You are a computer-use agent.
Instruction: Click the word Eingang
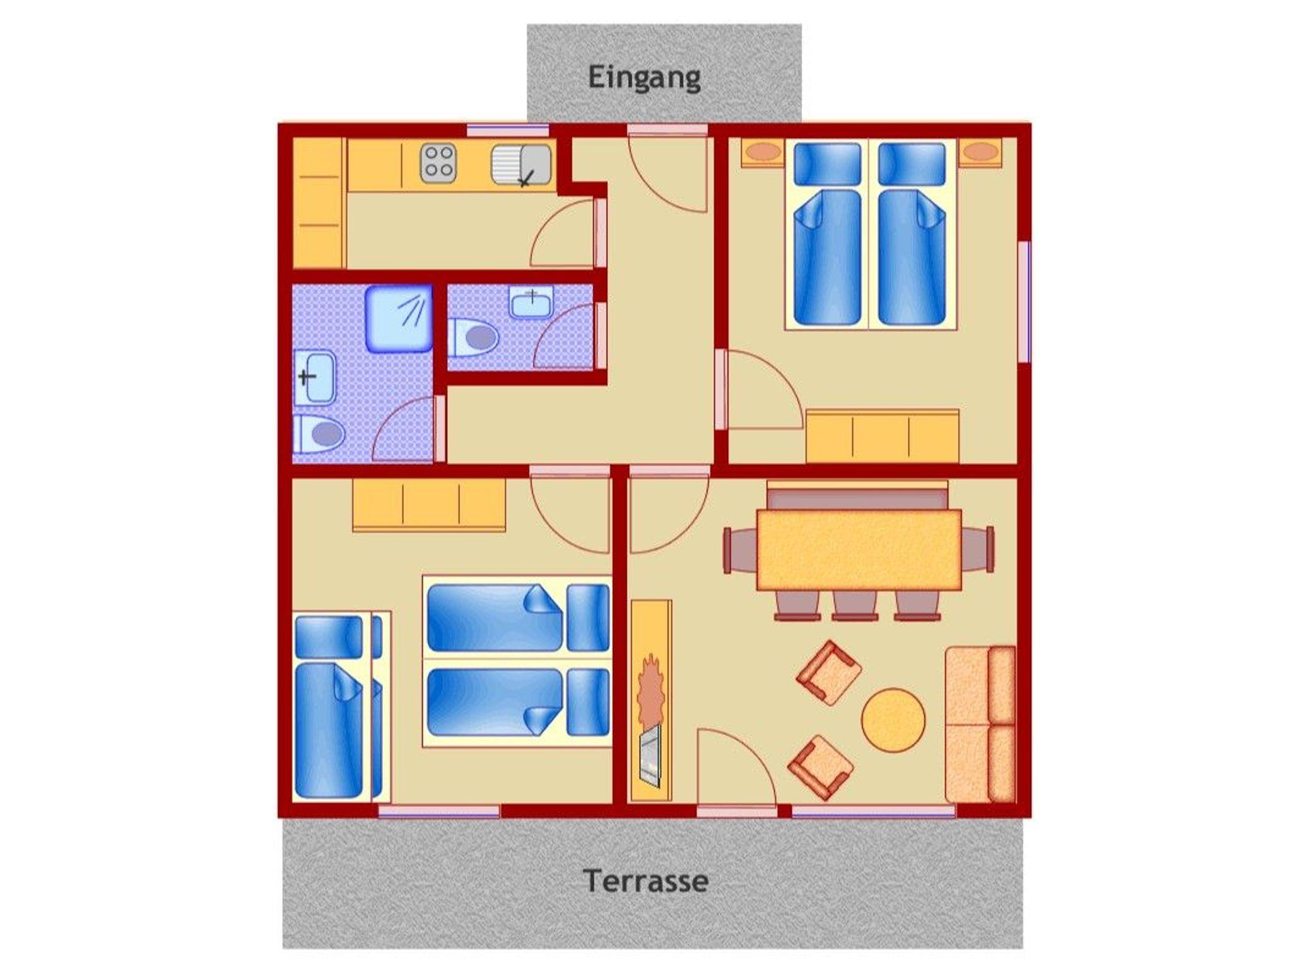(x=644, y=78)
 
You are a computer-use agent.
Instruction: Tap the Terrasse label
(x=645, y=880)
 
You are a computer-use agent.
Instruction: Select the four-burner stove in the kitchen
(x=438, y=163)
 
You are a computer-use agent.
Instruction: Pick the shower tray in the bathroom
(x=399, y=318)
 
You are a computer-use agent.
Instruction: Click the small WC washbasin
(x=531, y=301)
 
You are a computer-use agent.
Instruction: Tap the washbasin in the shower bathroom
(x=315, y=377)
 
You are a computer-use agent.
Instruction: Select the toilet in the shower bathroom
(x=319, y=434)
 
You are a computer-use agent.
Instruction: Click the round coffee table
(x=893, y=720)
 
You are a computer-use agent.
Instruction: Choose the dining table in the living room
(x=859, y=549)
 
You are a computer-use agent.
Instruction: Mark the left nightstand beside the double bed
(x=763, y=153)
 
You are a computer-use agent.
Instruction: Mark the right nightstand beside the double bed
(x=980, y=153)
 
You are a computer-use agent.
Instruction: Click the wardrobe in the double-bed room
(x=883, y=437)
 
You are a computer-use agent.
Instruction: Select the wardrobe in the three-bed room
(x=429, y=505)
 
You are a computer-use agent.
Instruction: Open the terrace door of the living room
(x=736, y=768)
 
